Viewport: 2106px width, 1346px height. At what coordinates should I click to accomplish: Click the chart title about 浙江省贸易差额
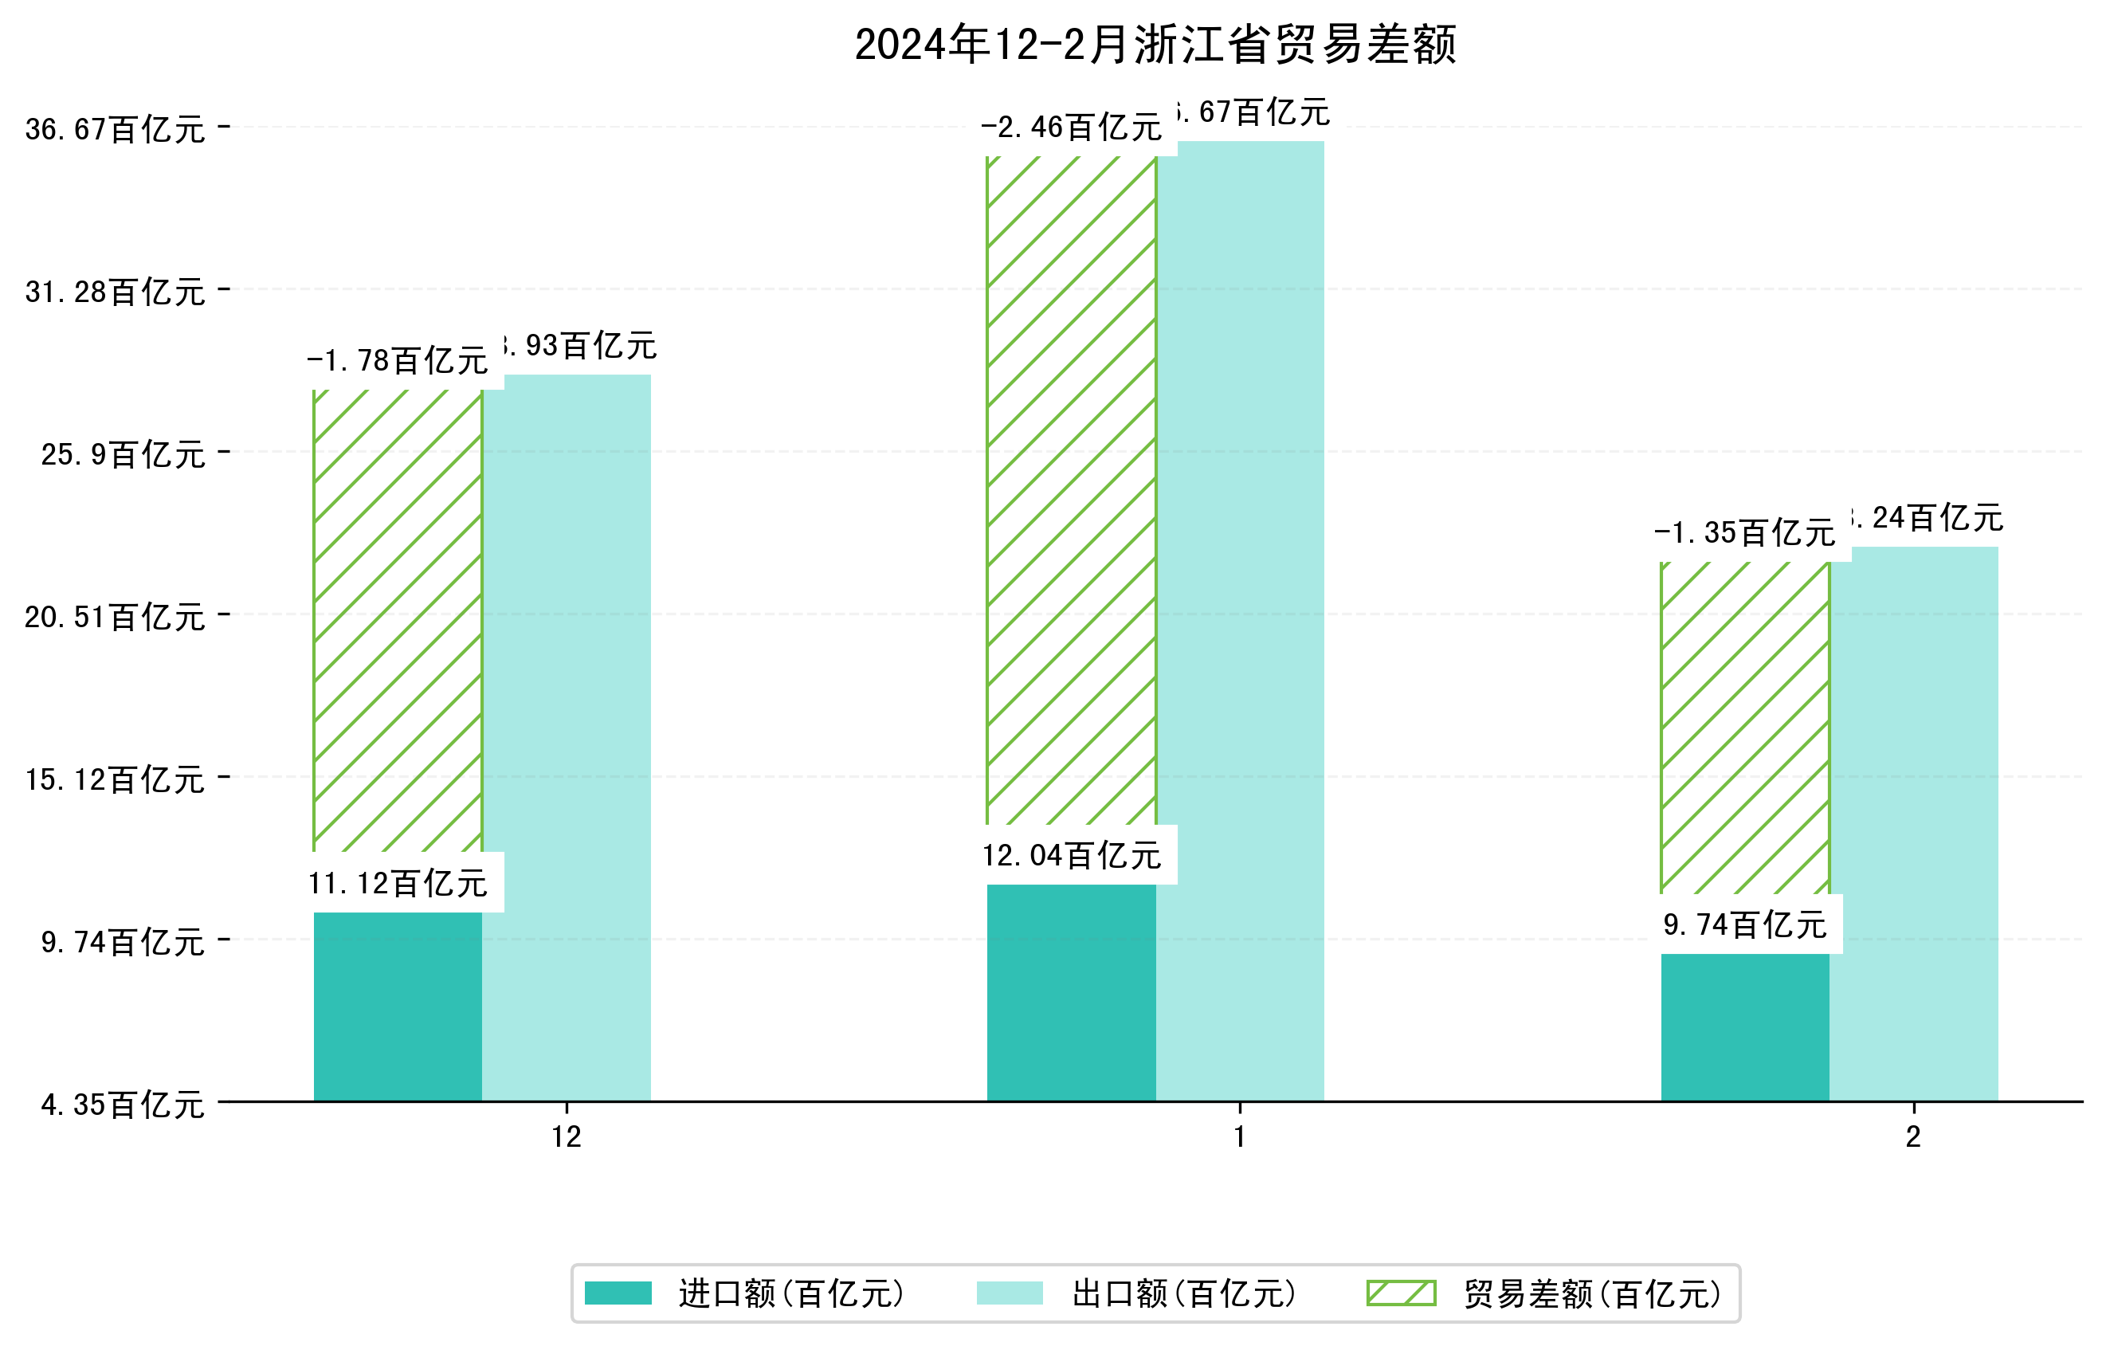1155,45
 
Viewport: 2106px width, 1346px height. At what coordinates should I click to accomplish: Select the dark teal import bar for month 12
397,1006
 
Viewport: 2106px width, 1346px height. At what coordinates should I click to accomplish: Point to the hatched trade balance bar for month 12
397,621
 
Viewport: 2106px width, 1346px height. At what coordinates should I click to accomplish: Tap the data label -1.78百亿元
397,360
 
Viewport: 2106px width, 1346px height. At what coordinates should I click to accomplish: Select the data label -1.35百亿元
1744,532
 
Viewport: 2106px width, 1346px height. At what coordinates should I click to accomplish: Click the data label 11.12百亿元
397,883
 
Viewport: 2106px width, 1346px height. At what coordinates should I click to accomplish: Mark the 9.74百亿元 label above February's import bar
1744,924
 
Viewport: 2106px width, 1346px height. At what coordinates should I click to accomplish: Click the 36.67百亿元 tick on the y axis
115,129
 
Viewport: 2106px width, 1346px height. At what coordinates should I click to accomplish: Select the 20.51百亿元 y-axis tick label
115,618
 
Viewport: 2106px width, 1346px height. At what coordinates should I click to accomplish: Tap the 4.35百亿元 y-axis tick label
123,1105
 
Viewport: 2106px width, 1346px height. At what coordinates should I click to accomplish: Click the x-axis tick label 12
566,1137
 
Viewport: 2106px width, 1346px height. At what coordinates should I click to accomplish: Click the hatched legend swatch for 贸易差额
1401,1293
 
